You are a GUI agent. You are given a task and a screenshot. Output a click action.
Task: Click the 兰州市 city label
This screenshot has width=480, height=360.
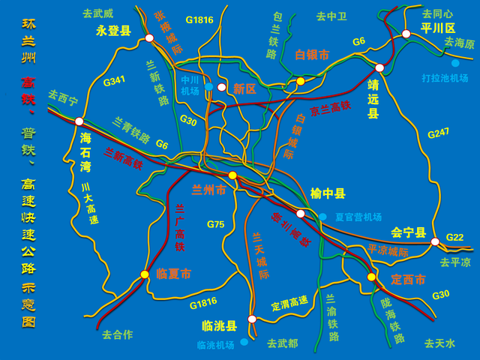[209, 190]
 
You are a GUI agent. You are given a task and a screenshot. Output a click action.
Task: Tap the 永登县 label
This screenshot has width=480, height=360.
[113, 31]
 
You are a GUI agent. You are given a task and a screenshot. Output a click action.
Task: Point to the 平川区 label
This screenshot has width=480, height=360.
[438, 28]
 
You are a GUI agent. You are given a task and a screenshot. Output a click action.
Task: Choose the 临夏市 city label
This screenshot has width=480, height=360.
[174, 274]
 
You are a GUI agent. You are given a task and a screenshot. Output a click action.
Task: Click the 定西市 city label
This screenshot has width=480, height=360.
[409, 279]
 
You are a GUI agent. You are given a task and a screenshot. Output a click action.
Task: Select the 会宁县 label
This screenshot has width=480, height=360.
[409, 233]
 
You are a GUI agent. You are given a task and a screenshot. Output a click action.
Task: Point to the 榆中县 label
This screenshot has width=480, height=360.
[328, 193]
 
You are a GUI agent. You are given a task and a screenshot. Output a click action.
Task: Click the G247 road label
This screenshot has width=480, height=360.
[438, 133]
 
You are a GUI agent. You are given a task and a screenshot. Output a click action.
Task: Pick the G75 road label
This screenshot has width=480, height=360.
[216, 224]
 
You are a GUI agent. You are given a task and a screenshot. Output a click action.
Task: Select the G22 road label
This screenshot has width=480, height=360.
[455, 237]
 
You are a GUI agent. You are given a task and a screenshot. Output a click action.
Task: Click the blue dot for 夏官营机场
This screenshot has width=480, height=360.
[322, 217]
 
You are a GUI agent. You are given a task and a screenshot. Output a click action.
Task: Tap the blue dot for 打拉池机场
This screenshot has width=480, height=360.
[455, 63]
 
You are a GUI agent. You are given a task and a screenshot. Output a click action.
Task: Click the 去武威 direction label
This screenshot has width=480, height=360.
[97, 13]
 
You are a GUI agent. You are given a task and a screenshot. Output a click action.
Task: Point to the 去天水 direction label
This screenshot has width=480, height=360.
[439, 343]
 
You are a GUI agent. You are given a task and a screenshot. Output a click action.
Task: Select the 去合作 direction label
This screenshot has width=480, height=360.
[117, 334]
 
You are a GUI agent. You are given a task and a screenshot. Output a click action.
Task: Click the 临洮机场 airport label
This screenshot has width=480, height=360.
[215, 345]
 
